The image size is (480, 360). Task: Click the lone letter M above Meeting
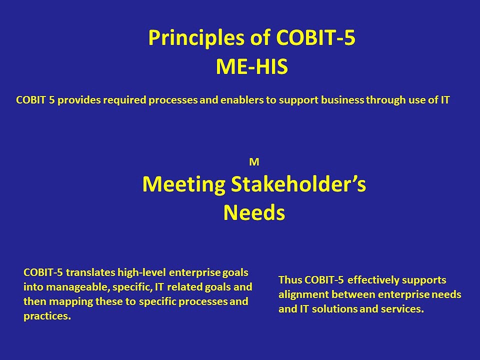pyautogui.click(x=253, y=162)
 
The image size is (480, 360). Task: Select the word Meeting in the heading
pyautogui.click(x=183, y=184)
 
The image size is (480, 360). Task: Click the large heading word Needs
pyautogui.click(x=254, y=213)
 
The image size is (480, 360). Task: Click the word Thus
pyautogui.click(x=290, y=280)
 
